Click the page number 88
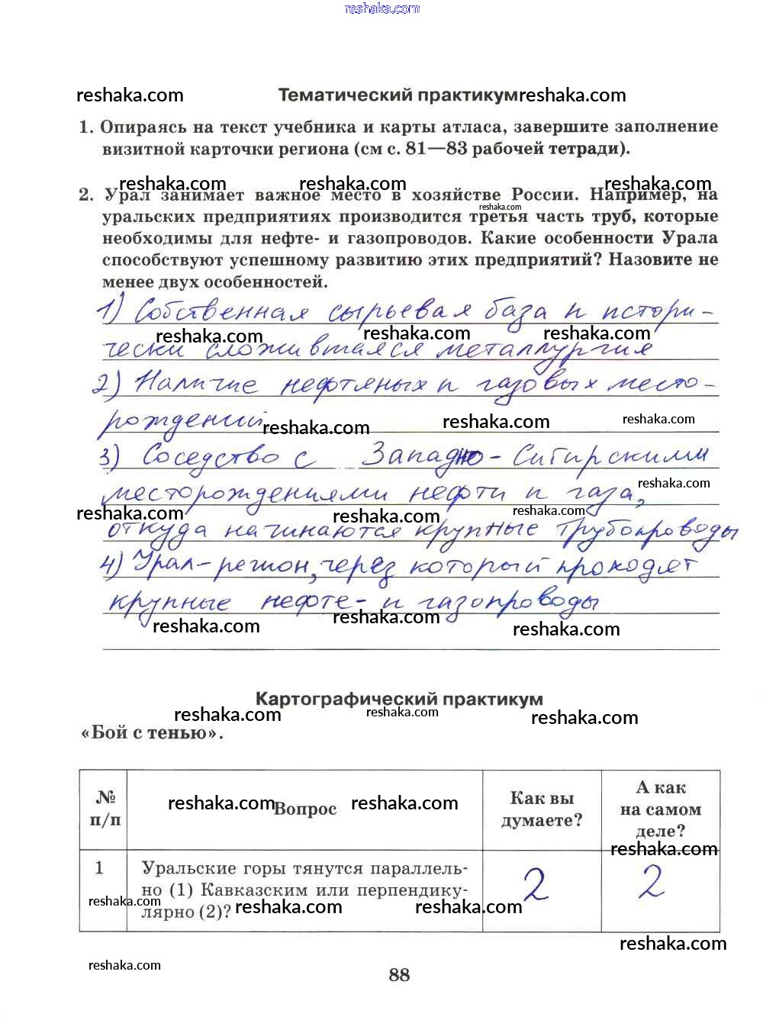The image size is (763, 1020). (x=399, y=974)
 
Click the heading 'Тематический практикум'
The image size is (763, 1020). (x=398, y=95)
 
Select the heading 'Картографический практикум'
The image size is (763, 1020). (x=399, y=699)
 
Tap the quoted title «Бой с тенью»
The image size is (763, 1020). (x=152, y=733)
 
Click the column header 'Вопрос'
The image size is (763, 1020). (x=305, y=809)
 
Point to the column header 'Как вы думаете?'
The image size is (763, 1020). (x=542, y=809)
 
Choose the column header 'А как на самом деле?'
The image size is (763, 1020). (x=661, y=809)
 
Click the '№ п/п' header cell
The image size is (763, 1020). (x=105, y=809)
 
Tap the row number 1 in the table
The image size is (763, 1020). (x=99, y=867)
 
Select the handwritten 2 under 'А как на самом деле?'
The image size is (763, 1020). (x=651, y=883)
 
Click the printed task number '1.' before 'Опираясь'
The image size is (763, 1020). (x=86, y=127)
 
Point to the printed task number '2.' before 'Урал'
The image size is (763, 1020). (x=86, y=195)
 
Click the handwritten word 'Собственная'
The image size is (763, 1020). (x=221, y=311)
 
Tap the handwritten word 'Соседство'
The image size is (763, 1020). (x=210, y=456)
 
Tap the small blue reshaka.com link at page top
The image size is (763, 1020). (x=381, y=8)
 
